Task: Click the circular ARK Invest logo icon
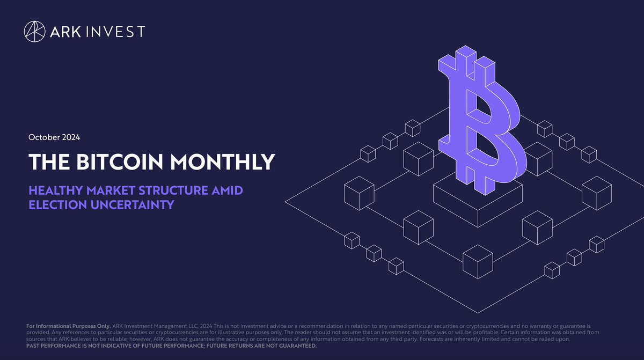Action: click(34, 31)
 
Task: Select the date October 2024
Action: click(54, 137)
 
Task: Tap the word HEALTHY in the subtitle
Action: click(56, 191)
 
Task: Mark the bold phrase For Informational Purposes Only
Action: click(68, 326)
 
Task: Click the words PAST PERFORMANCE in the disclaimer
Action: click(53, 346)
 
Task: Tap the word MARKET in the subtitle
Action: click(107, 191)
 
